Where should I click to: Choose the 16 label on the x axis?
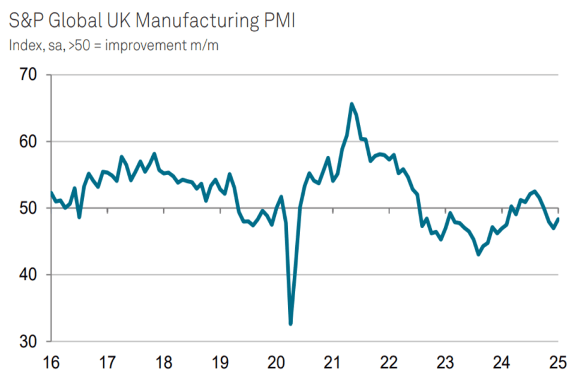pos(51,363)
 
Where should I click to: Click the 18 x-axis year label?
pos(164,363)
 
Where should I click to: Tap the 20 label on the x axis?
pos(277,363)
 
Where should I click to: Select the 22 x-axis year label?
pos(389,363)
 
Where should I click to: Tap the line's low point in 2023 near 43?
pos(478,254)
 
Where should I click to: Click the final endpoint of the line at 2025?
pos(559,218)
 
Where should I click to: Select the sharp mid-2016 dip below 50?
pos(79,217)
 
